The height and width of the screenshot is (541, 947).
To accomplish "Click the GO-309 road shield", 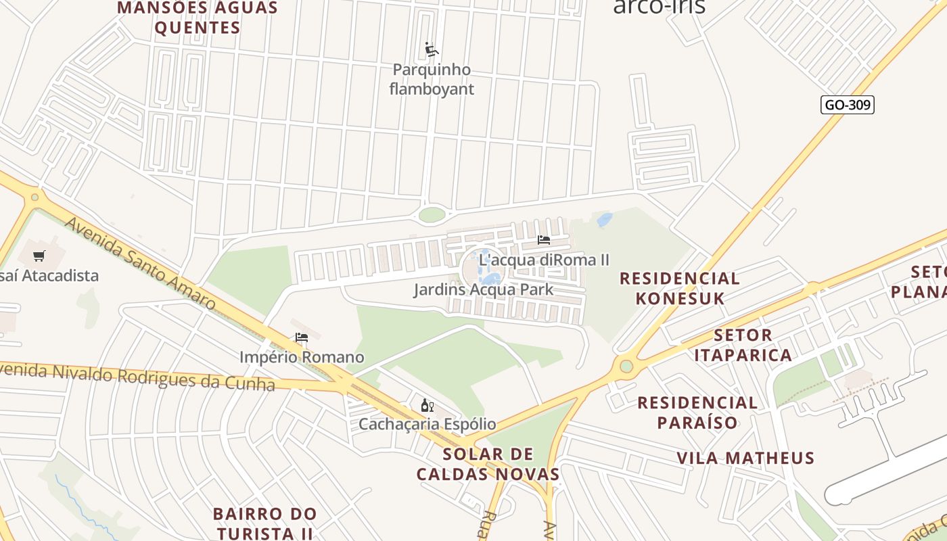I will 848,105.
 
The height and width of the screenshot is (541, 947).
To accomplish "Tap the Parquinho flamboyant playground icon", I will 432,49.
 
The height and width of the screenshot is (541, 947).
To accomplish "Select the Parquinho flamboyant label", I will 432,79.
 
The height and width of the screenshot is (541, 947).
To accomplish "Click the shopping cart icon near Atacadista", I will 39,256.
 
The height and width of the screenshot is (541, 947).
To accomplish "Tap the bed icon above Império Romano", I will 302,337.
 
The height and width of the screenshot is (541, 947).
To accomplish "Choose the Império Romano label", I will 302,357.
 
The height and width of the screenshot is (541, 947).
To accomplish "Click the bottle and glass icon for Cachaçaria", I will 427,405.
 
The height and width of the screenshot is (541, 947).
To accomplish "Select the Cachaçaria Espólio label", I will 427,424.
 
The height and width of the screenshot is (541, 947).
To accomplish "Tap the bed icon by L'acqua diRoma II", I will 543,240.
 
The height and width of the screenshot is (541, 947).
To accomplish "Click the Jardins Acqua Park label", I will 484,289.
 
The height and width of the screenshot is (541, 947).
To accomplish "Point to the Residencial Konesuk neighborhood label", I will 679,288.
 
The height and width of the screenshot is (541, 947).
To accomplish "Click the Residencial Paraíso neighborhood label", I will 697,413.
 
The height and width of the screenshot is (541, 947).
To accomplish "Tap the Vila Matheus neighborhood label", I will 745,458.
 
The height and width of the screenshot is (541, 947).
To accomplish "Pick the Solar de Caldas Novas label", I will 488,464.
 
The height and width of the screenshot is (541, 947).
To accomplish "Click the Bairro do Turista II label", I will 264,523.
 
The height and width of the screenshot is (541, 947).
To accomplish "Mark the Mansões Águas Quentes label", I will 197,18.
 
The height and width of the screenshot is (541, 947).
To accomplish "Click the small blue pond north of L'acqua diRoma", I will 605,219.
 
